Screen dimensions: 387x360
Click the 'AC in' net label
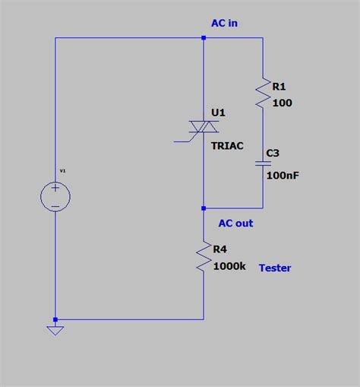(224, 23)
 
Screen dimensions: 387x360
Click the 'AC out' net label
(235, 224)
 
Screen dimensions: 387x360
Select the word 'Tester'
(275, 268)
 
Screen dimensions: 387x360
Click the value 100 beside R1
(281, 103)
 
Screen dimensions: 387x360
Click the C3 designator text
(273, 153)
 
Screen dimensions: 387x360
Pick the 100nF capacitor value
(283, 176)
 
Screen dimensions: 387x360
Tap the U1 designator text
(219, 113)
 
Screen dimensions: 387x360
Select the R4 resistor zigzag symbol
(204, 257)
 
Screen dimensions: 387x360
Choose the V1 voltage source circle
(55, 197)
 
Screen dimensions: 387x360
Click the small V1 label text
(62, 171)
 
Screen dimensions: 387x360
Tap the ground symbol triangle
(55, 330)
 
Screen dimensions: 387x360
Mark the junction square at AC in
(204, 37)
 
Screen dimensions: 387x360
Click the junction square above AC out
(204, 208)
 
